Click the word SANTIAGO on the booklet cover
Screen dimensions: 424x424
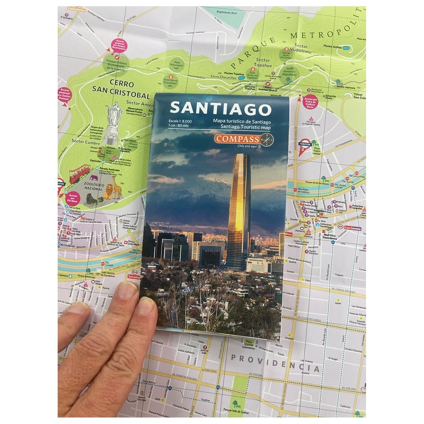tap(220, 108)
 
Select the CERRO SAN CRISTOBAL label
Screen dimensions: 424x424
tap(114, 90)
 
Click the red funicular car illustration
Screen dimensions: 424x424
tap(79, 172)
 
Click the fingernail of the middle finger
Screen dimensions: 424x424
tap(127, 290)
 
